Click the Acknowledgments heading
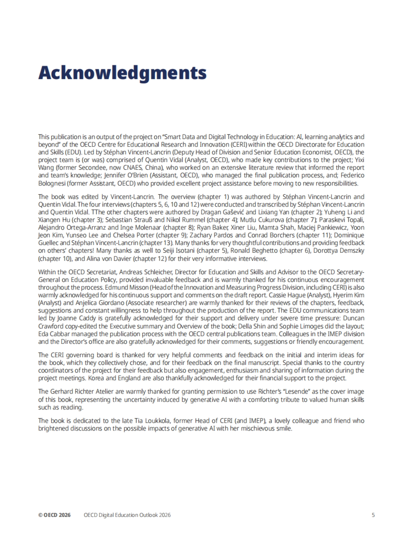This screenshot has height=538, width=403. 122,73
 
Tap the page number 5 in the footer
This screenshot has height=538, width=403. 373,515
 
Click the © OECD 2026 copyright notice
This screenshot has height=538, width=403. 54,515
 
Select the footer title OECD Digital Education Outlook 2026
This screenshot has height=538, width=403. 127,515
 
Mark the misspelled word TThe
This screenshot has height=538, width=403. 98,212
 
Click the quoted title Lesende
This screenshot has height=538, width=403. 279,391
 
